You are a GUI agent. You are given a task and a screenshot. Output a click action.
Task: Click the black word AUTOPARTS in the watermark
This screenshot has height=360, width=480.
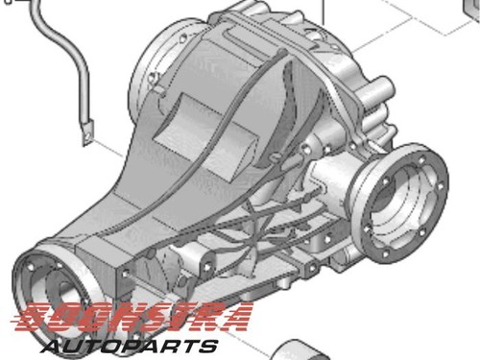(x=130, y=347)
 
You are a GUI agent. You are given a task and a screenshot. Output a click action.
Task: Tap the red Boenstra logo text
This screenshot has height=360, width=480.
(x=132, y=317)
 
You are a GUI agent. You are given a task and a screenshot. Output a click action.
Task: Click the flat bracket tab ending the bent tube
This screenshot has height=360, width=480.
(x=87, y=132)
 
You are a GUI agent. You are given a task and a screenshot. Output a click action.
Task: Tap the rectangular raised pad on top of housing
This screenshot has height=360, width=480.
(x=204, y=134)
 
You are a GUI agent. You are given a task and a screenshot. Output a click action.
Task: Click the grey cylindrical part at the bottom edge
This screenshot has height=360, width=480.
(x=300, y=350)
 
